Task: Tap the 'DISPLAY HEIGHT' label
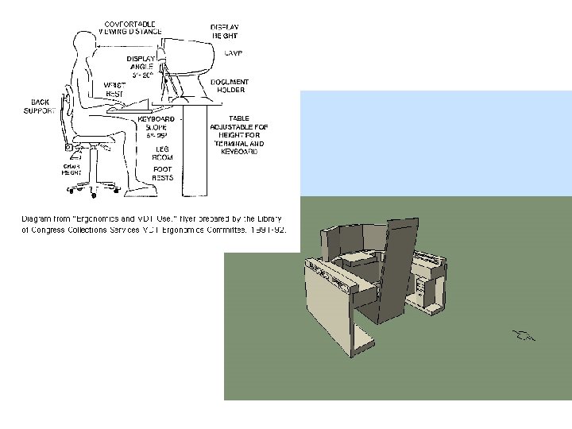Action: (x=224, y=32)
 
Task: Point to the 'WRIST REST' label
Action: (x=114, y=88)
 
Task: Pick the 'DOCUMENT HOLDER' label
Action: (x=230, y=86)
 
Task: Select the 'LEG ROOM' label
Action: (x=162, y=152)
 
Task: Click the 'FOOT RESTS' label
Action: (x=162, y=172)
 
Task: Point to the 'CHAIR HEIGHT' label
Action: (x=72, y=169)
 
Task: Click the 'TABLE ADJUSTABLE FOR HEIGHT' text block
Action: (x=238, y=135)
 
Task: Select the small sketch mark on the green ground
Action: (x=524, y=334)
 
